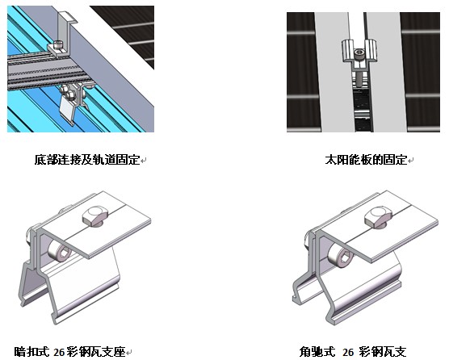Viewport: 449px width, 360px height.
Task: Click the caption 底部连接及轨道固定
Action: tap(87, 160)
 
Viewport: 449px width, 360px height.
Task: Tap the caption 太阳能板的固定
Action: tap(366, 160)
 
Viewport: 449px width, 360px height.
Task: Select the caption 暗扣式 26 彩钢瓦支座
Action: tap(70, 352)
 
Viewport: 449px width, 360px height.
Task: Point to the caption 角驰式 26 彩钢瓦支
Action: tap(353, 352)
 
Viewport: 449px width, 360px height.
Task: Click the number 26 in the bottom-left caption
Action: tap(59, 352)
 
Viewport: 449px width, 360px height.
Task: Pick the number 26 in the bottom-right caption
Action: tap(348, 352)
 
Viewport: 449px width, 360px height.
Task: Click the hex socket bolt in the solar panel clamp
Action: tap(359, 53)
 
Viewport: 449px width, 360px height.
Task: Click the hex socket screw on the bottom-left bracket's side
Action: tap(60, 251)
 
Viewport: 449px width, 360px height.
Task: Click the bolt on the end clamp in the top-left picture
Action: tap(57, 44)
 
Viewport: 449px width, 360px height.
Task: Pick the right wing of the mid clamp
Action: tap(371, 49)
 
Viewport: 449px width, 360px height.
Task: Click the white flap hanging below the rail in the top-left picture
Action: tap(67, 110)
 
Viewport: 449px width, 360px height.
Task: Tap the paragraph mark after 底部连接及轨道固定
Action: tap(144, 161)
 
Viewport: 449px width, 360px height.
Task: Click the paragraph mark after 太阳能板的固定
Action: tap(410, 161)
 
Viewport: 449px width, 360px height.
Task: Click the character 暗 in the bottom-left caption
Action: tap(19, 352)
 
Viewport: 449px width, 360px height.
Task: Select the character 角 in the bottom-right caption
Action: tap(304, 352)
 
